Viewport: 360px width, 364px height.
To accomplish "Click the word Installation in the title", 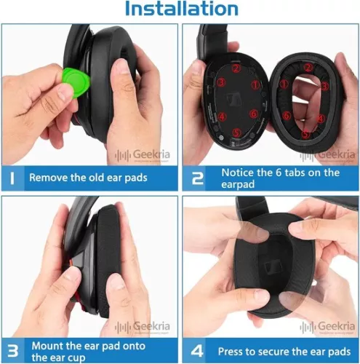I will (180, 9).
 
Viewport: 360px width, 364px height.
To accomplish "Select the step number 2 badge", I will (198, 177).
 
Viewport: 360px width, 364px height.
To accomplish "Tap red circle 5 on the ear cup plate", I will (241, 132).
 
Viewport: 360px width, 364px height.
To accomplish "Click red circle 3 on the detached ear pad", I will (325, 86).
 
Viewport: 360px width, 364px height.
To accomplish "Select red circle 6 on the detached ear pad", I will (287, 115).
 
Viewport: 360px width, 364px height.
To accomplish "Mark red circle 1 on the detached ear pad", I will (276, 85).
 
